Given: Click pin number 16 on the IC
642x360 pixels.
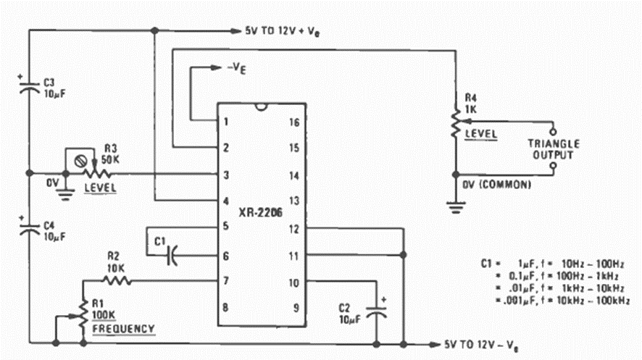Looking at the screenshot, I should coord(294,122).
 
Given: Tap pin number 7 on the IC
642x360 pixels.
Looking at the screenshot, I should coord(226,280).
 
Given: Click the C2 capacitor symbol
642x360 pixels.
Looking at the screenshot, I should coord(376,310).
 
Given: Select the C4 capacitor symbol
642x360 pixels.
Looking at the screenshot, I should coord(30,228).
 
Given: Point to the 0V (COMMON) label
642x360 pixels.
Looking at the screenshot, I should coord(497,185).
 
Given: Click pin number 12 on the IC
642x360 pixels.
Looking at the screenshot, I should coord(294,229).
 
